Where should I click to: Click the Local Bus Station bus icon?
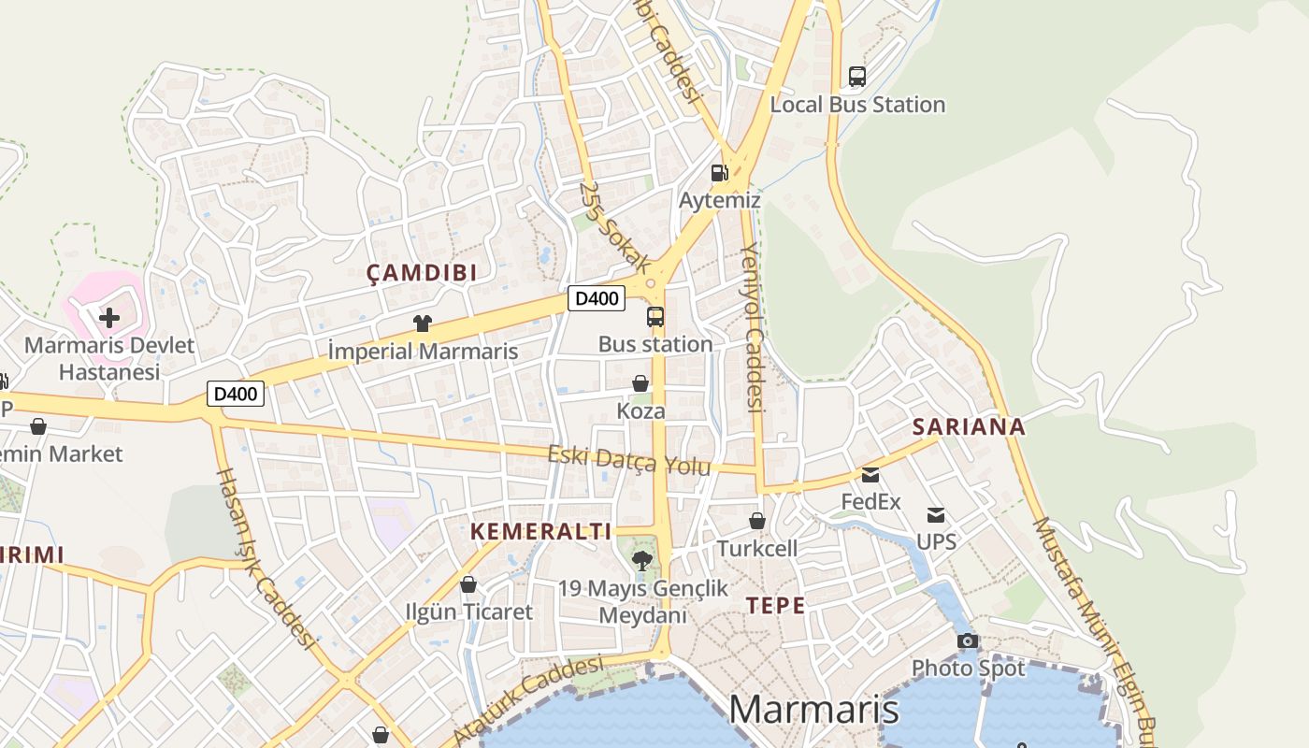(x=856, y=77)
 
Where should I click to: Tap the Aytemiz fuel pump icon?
(x=718, y=172)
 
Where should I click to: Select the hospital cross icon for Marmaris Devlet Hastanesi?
(x=109, y=317)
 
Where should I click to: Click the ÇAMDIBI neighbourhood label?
(x=422, y=273)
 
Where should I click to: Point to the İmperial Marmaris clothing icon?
(x=423, y=324)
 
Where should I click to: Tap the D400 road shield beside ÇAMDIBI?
(x=597, y=298)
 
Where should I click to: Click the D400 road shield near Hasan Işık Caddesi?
(x=236, y=394)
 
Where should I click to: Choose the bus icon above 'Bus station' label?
(x=655, y=317)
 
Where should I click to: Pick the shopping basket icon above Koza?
(x=640, y=383)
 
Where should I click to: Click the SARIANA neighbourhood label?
(x=969, y=427)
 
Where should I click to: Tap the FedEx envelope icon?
(x=870, y=475)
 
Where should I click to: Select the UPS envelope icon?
(x=936, y=515)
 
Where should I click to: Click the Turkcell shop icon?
(x=757, y=521)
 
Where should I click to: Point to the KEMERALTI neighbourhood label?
(x=540, y=532)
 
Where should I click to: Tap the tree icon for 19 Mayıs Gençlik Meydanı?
(x=642, y=561)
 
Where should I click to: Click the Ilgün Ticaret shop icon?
(x=468, y=585)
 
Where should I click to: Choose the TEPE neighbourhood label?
(x=775, y=606)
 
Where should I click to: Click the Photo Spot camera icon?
(x=968, y=641)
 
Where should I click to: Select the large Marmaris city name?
(x=813, y=710)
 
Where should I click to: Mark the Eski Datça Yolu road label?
(x=628, y=460)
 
